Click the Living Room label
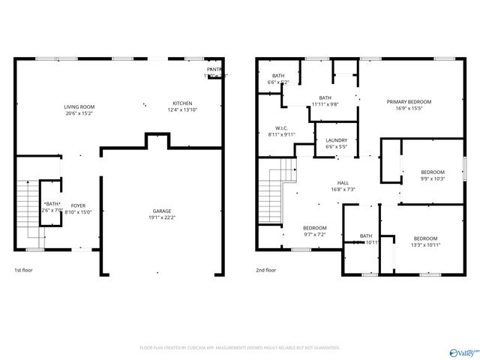(79, 107)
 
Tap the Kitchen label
(182, 103)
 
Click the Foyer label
(78, 205)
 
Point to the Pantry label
(214, 70)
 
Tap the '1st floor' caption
(23, 270)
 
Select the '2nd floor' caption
(265, 270)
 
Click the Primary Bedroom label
(409, 101)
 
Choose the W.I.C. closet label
(282, 127)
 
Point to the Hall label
(343, 183)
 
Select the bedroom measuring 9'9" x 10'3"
(432, 172)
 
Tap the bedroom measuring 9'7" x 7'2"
(314, 228)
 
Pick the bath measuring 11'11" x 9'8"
(325, 97)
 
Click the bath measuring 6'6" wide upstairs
(278, 76)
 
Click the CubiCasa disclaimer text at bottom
(240, 348)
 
